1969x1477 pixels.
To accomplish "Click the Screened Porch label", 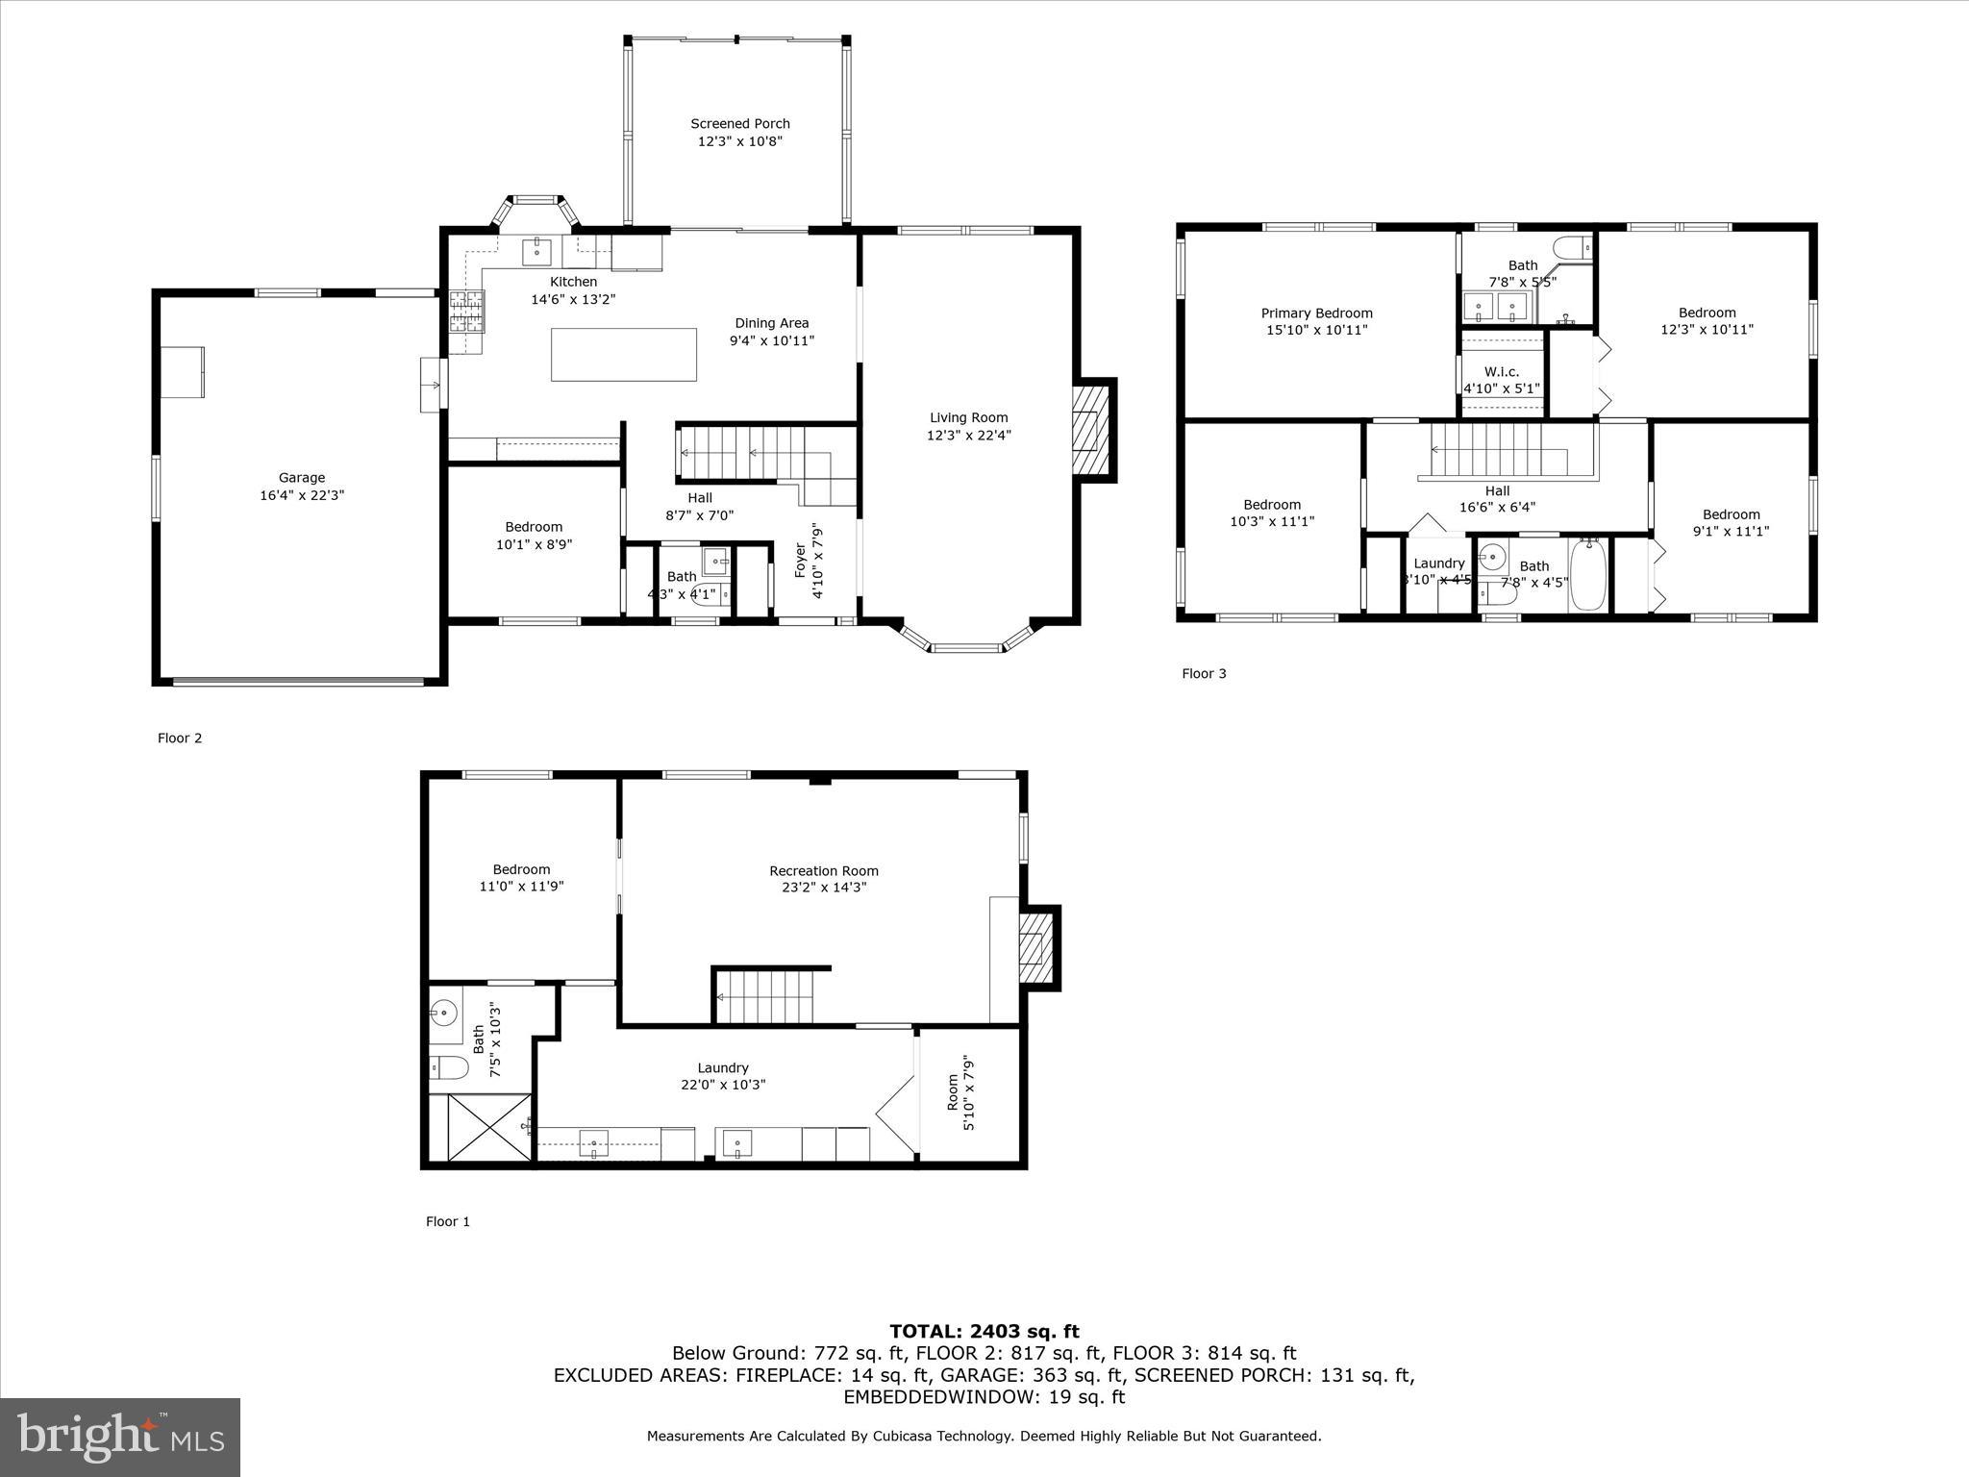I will click(x=739, y=124).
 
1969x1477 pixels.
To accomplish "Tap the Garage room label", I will click(x=301, y=478).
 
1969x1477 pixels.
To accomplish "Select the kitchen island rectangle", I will click(x=623, y=355).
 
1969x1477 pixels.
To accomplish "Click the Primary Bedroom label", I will click(x=1316, y=313).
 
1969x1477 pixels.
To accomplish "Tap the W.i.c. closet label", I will click(x=1501, y=372).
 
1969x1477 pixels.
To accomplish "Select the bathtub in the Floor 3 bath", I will click(x=1588, y=575).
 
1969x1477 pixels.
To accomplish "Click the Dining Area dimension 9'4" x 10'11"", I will click(x=771, y=340).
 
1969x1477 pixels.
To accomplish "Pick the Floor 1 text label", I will click(x=448, y=1221).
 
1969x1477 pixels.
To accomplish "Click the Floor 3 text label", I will click(x=1204, y=673).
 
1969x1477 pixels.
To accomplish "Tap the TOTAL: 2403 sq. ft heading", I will click(x=984, y=1331).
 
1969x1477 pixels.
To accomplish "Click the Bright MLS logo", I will click(x=120, y=1437).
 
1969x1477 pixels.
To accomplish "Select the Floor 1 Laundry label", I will click(x=722, y=1067).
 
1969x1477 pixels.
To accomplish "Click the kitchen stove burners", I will click(x=466, y=312).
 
